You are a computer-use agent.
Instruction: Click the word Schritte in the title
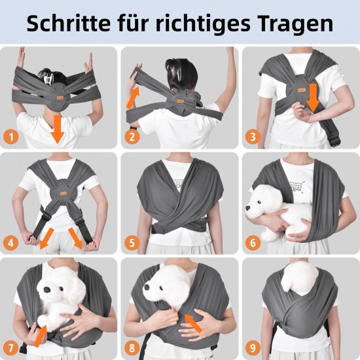(69, 24)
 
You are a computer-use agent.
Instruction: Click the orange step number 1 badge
(11, 137)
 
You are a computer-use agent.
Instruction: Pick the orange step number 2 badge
(132, 137)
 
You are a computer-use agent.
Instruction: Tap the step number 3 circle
(253, 137)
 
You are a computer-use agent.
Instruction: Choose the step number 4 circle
(11, 243)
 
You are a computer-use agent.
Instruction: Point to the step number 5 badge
(132, 243)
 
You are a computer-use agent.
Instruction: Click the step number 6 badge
(253, 243)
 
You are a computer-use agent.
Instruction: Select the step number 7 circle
(11, 348)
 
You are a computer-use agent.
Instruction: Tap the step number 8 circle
(132, 348)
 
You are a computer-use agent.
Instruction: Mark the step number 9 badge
(253, 348)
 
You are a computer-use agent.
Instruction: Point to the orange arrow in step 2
(133, 98)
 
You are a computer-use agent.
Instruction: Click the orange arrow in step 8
(193, 323)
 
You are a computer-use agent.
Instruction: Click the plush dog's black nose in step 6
(247, 208)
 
